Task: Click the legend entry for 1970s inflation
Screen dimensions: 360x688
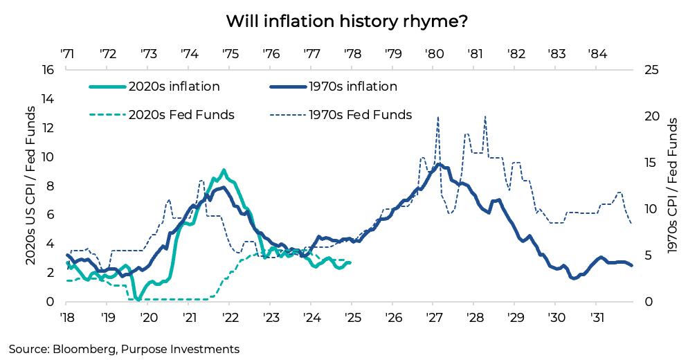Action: click(x=333, y=87)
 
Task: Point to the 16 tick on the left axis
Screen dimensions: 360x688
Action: click(x=48, y=70)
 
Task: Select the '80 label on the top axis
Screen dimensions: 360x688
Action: click(x=435, y=53)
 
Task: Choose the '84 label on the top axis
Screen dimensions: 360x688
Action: click(x=598, y=53)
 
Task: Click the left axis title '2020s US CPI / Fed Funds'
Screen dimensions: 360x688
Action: click(x=30, y=186)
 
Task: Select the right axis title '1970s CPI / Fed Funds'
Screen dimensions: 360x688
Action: click(x=671, y=186)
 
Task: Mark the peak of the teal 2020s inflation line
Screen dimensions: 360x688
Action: click(x=223, y=170)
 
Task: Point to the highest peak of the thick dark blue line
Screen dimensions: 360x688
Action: click(x=438, y=165)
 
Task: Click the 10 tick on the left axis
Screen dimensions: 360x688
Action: click(x=48, y=157)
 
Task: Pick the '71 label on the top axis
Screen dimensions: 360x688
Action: click(x=67, y=53)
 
